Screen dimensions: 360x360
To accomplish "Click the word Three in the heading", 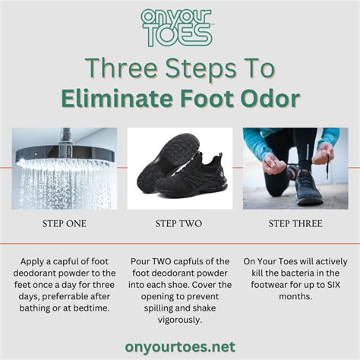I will click(x=116, y=68).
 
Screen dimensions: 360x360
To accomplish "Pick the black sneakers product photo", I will click(x=179, y=168).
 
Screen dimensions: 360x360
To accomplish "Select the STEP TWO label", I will click(x=179, y=224).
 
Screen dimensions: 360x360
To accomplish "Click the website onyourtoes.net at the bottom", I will click(x=180, y=346).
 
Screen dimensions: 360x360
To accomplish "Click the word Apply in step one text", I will click(x=30, y=261).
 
